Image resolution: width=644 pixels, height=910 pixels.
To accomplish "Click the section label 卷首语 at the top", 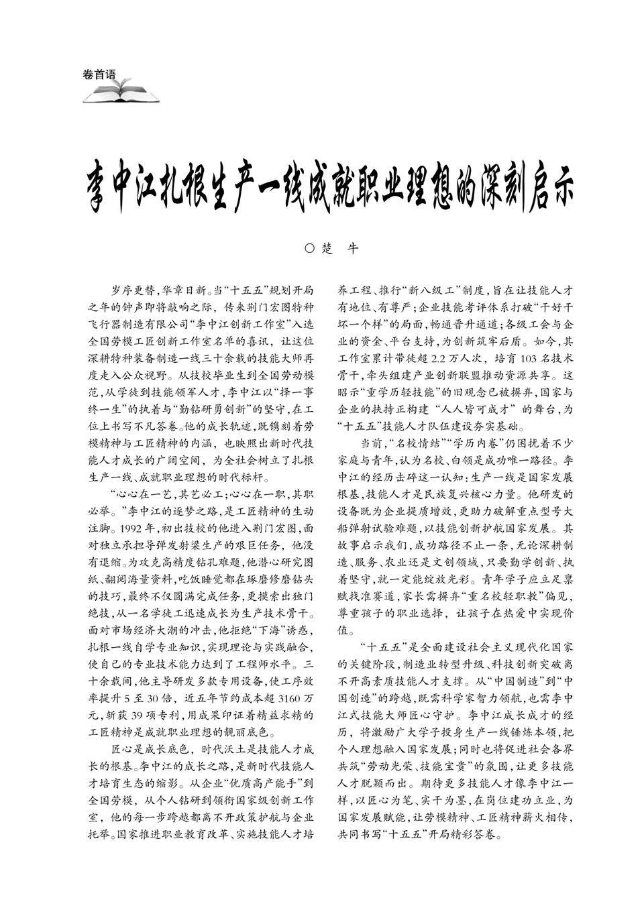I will pos(99,75).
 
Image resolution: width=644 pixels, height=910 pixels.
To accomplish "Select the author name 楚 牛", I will pos(341,248).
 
